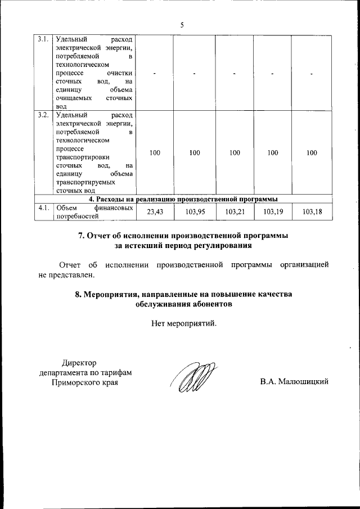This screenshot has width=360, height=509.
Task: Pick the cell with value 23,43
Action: tap(155, 212)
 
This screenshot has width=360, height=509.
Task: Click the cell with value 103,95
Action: tap(195, 212)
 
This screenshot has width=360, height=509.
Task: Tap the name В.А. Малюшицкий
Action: tap(294, 382)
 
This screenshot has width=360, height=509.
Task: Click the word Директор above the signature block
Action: tap(79, 363)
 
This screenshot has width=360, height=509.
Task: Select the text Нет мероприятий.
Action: tap(183, 323)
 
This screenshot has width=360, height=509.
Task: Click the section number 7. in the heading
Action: tap(82, 235)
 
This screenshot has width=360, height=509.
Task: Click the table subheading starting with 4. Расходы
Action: tap(183, 199)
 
